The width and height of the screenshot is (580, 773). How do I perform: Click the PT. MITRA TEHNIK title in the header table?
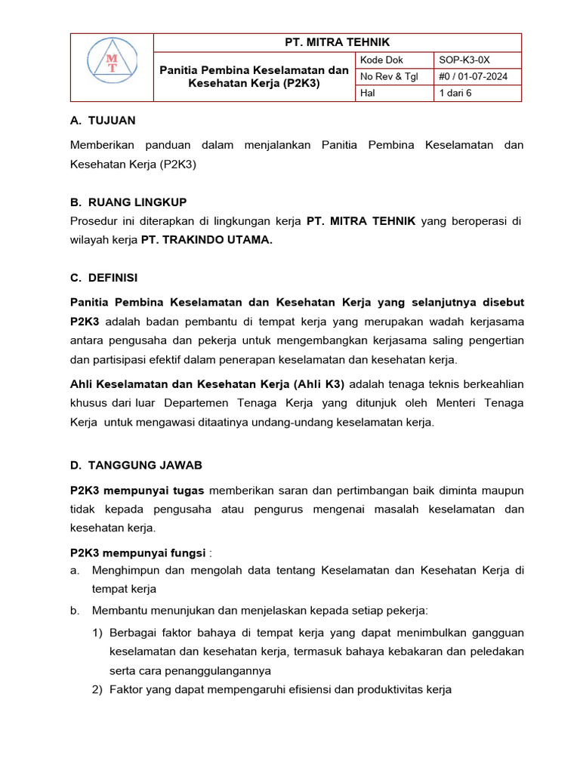(x=338, y=42)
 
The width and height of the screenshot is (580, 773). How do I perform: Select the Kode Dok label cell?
(x=383, y=60)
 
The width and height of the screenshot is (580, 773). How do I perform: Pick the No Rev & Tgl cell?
(x=390, y=76)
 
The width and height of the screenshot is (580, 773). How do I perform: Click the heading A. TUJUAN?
(x=103, y=120)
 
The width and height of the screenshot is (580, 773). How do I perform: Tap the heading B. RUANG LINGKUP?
(x=128, y=202)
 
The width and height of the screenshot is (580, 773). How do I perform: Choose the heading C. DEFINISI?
(x=103, y=278)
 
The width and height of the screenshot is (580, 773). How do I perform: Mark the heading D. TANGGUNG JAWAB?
(x=136, y=465)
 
